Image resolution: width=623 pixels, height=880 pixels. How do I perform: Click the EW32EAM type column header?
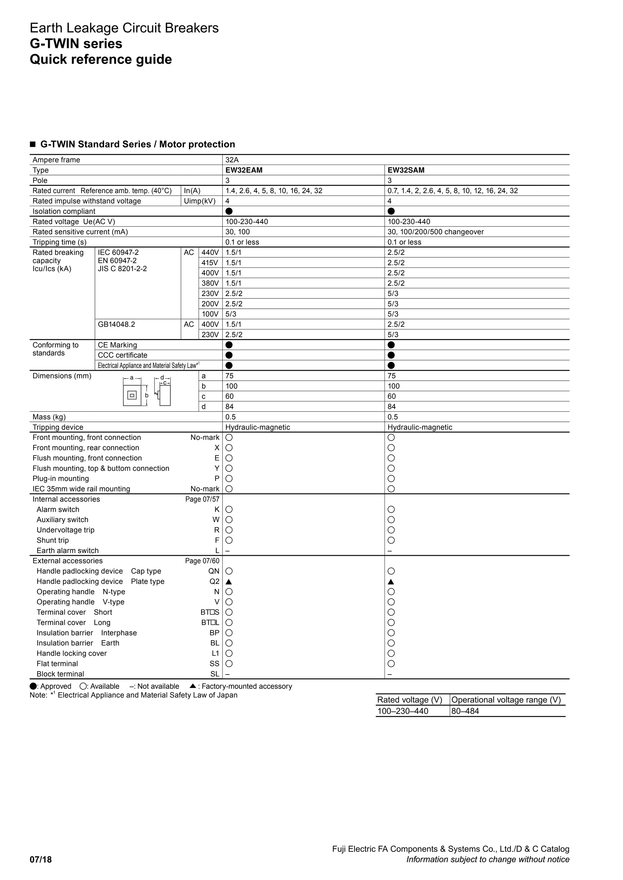point(244,170)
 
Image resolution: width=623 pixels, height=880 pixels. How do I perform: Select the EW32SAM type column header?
point(406,170)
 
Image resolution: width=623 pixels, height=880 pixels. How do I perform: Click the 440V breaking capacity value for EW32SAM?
point(396,252)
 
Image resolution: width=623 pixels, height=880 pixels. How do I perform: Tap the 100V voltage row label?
point(210,314)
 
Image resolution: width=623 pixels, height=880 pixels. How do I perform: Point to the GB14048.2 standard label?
point(116,324)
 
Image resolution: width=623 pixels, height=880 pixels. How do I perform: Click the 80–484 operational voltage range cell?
point(465,711)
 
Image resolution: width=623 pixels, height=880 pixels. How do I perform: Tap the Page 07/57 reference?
point(202,499)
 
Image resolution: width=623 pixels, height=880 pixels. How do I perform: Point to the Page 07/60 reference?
point(202,561)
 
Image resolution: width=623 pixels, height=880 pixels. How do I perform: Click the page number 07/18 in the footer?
point(41,859)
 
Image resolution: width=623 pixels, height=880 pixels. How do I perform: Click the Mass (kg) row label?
point(49,417)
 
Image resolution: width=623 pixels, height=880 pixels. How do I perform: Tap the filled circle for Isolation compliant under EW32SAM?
point(391,211)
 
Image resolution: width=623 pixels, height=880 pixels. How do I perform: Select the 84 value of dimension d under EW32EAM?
point(229,407)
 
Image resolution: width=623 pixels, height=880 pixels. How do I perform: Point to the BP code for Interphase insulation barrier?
point(214,633)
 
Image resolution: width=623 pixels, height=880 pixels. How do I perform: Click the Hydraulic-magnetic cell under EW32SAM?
point(420,427)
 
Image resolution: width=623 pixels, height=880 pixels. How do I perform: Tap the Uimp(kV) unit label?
point(200,201)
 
